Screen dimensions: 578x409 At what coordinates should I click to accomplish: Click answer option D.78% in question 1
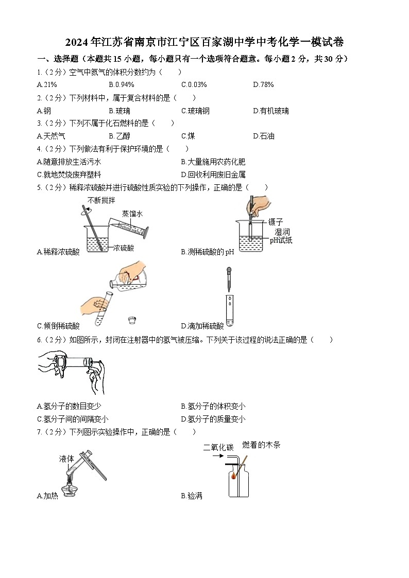click(x=263, y=85)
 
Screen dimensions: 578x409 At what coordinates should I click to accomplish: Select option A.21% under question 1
click(x=47, y=85)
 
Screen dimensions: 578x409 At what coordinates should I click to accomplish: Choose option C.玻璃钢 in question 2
click(x=195, y=111)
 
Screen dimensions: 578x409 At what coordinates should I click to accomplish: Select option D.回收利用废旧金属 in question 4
click(x=213, y=175)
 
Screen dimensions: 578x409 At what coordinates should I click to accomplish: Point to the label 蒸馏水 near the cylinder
click(x=133, y=214)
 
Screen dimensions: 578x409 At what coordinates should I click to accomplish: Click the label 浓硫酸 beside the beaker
click(x=124, y=248)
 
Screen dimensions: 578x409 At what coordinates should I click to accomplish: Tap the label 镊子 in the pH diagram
click(x=276, y=222)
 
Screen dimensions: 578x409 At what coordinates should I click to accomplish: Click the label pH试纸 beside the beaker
click(x=281, y=240)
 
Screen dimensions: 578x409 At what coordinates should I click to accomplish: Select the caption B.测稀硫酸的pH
click(x=208, y=252)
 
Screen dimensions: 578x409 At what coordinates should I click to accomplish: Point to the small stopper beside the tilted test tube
click(x=133, y=321)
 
